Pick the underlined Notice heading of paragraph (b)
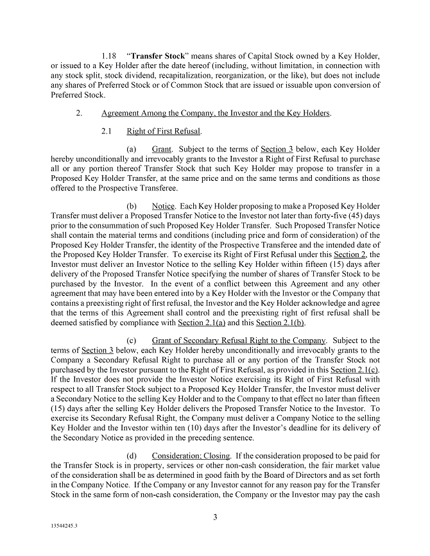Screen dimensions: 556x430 [164, 207]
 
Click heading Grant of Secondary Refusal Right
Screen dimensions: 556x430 [239, 340]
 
